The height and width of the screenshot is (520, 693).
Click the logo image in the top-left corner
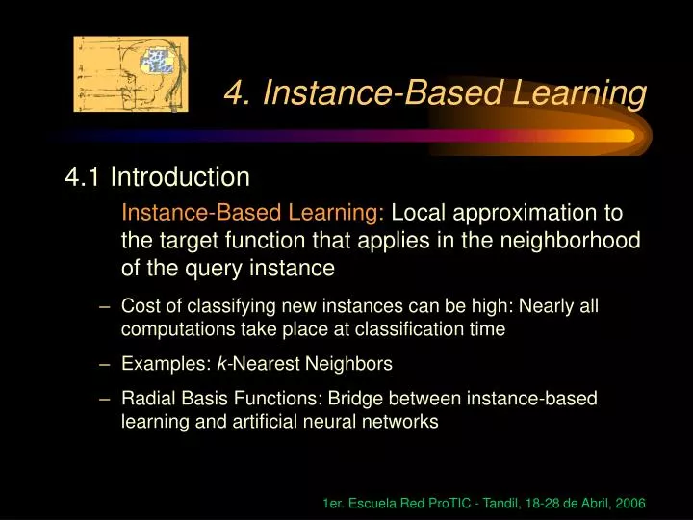tap(131, 74)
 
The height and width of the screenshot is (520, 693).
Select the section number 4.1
tap(84, 177)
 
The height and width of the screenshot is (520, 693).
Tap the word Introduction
tap(180, 177)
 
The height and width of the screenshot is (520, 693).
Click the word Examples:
tap(158, 364)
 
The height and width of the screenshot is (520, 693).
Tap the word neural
tap(342, 421)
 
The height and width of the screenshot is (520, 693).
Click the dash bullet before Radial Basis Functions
tap(104, 399)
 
